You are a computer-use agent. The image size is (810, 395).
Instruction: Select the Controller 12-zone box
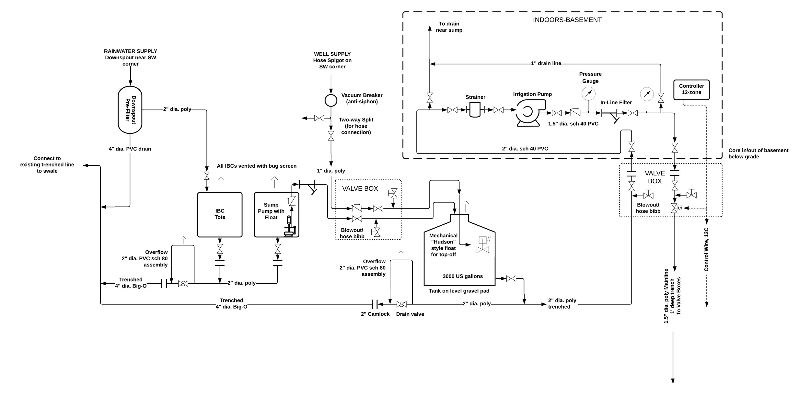pos(691,89)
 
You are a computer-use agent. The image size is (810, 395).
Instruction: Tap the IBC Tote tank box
pos(220,214)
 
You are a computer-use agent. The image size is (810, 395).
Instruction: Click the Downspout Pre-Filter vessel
pos(130,110)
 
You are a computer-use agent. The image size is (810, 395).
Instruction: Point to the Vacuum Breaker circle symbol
pos(331,100)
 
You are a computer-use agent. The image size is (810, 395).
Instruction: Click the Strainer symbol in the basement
pos(475,110)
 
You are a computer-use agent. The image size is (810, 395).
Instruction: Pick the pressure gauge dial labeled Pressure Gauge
pos(588,94)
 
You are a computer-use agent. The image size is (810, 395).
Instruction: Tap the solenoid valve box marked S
pos(680,208)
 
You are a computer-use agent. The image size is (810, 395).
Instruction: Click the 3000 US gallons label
pos(462,276)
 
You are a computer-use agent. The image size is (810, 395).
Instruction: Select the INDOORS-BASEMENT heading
pos(567,20)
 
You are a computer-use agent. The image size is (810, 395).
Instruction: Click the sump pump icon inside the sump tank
pos(289,227)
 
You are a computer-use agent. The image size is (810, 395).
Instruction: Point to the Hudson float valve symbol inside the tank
pos(482,244)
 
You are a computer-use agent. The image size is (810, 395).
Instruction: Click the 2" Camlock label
pos(375,314)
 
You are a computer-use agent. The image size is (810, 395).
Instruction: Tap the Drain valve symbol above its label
pos(401,304)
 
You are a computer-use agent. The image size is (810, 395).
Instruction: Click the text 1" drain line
pos(546,63)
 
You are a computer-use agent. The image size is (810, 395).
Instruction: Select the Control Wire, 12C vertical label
pos(706,249)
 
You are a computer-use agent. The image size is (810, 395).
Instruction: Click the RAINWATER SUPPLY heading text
pos(130,51)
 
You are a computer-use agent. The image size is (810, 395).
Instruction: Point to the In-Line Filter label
pos(616,103)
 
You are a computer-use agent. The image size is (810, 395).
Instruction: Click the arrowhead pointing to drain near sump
pos(430,28)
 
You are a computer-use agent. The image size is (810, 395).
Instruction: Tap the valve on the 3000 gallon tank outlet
pos(511,278)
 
